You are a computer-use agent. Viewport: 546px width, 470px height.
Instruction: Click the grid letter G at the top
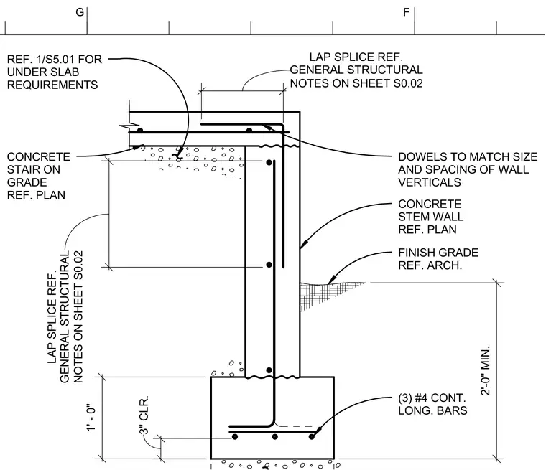pyautogui.click(x=80, y=12)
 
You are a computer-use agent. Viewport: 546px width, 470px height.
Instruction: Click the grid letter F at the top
pyautogui.click(x=406, y=12)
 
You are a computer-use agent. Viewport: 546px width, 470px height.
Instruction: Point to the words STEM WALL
pyautogui.click(x=431, y=217)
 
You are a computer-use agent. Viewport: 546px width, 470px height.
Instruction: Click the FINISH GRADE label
pyautogui.click(x=438, y=253)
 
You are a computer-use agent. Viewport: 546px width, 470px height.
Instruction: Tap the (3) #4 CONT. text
pyautogui.click(x=432, y=398)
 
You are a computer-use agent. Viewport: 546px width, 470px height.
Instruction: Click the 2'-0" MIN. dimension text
pyautogui.click(x=486, y=371)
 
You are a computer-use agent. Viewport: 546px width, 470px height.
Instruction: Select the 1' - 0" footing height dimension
pyautogui.click(x=91, y=418)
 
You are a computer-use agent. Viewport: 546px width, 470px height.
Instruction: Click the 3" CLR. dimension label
pyautogui.click(x=144, y=415)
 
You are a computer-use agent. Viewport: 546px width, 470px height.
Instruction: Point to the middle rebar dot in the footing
pyautogui.click(x=274, y=436)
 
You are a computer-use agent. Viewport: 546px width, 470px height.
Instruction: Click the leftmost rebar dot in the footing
pyautogui.click(x=235, y=436)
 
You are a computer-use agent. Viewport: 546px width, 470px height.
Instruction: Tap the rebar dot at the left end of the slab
pyautogui.click(x=140, y=131)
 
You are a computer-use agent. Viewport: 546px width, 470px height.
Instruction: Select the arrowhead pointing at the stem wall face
pyautogui.click(x=304, y=243)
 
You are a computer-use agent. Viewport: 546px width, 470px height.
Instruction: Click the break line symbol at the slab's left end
pyautogui.click(x=129, y=126)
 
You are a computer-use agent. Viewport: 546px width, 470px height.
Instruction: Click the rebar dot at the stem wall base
pyautogui.click(x=269, y=370)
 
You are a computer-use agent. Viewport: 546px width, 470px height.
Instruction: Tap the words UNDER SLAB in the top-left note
pyautogui.click(x=43, y=72)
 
